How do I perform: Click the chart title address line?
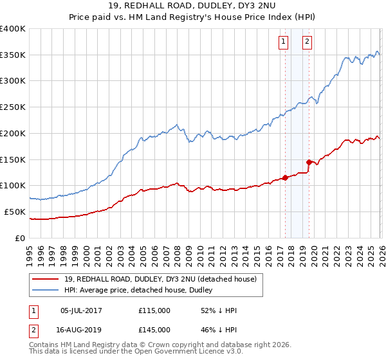(192, 6)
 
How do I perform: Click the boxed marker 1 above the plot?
(283, 42)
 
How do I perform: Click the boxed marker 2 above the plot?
(307, 42)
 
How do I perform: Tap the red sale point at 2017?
(285, 177)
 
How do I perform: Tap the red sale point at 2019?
(309, 162)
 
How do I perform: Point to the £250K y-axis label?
(13, 107)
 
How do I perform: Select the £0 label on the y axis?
(21, 238)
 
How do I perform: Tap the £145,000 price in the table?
(154, 330)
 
